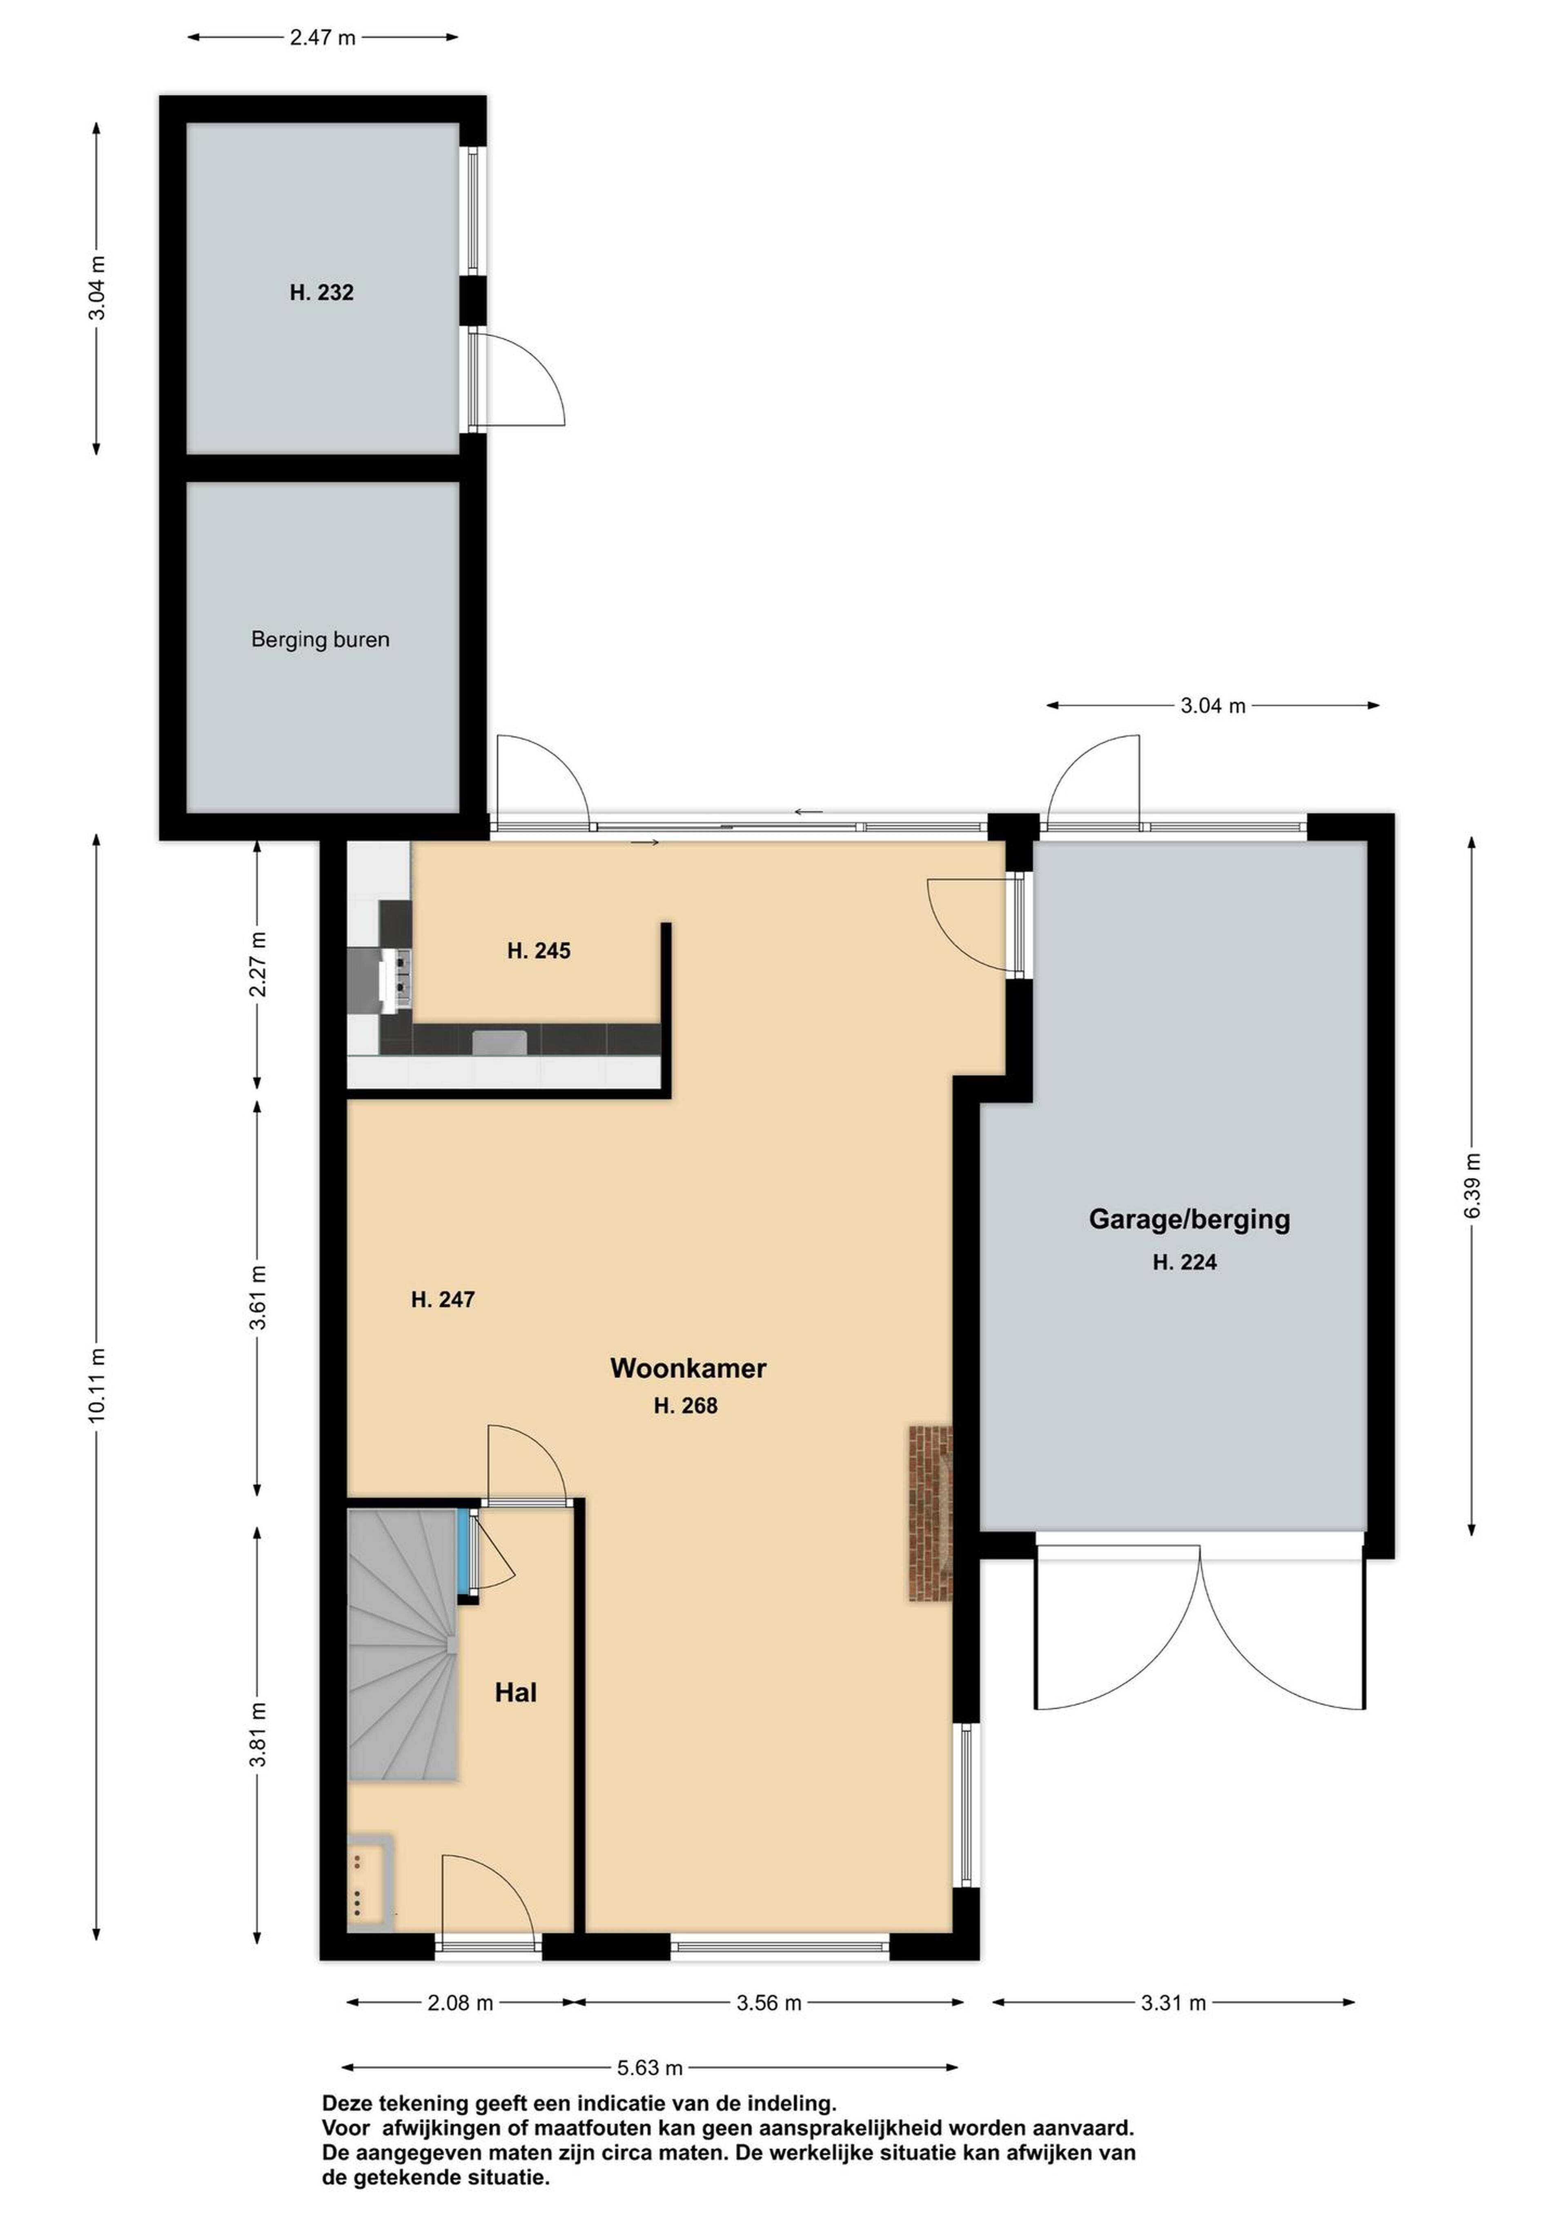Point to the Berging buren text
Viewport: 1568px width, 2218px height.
pyautogui.click(x=320, y=640)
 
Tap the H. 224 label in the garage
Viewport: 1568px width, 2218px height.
pyautogui.click(x=1185, y=1262)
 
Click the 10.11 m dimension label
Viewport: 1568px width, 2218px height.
pyautogui.click(x=97, y=1384)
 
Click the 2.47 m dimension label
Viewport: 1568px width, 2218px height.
pyautogui.click(x=323, y=38)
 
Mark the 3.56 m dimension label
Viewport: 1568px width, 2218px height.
pyautogui.click(x=769, y=2003)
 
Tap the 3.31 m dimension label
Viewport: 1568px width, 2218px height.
pyautogui.click(x=1174, y=2003)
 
